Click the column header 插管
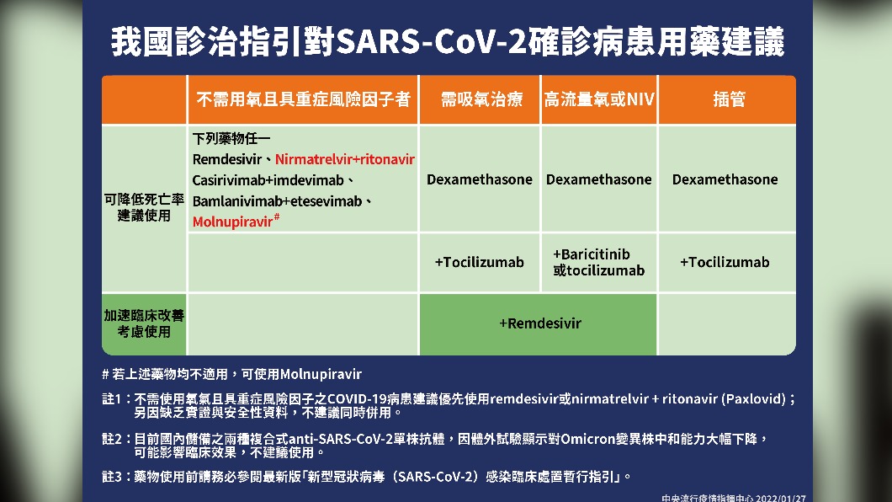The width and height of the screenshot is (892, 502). click(729, 99)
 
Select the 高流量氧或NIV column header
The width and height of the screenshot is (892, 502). click(599, 99)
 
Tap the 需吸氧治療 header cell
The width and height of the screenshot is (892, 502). click(481, 99)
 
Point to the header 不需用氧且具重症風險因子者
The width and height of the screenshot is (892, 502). click(303, 99)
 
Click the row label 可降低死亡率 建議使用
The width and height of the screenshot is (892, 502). click(144, 207)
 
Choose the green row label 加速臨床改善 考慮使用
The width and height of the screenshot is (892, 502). click(144, 323)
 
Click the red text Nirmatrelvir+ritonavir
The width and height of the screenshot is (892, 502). click(345, 159)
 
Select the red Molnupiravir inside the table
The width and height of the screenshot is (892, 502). click(232, 222)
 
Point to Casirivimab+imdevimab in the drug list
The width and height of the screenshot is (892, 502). click(268, 180)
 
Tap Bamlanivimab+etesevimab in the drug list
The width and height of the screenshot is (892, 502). click(277, 201)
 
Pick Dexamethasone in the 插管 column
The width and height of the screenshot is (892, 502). click(725, 180)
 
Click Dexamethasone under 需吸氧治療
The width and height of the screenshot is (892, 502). click(480, 180)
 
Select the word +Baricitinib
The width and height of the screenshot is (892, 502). click(591, 254)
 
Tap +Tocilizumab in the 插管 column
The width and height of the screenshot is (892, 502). click(725, 263)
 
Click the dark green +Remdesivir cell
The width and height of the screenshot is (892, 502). click(539, 323)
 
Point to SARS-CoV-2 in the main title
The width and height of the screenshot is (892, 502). click(432, 41)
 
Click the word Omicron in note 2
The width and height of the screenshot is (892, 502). click(589, 440)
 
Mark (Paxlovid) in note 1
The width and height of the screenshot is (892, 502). click(754, 399)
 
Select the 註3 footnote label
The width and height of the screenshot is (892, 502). click(111, 477)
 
